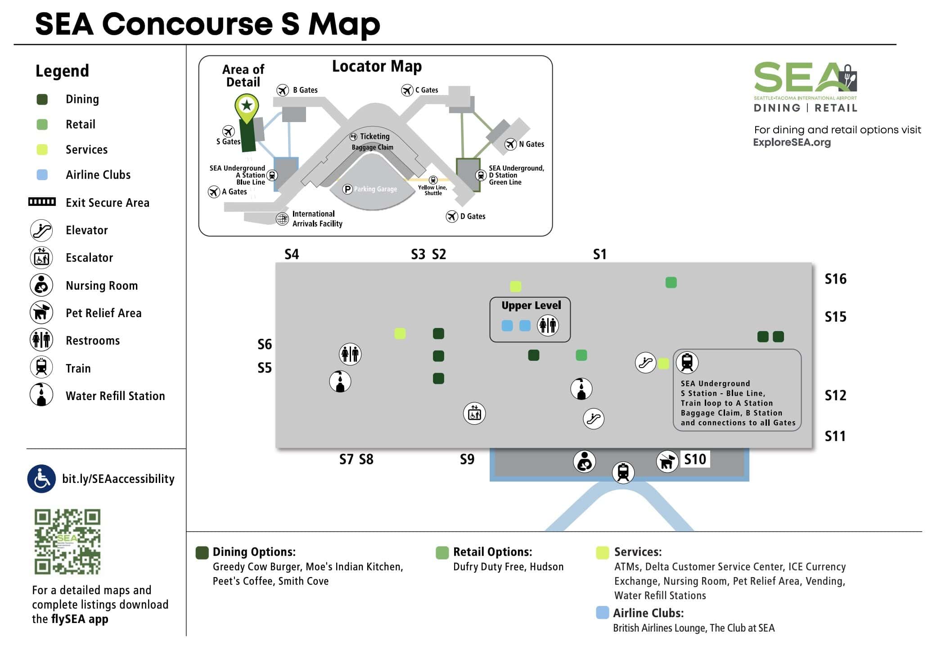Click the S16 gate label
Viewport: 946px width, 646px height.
pos(835,279)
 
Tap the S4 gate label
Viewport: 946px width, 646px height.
pos(292,255)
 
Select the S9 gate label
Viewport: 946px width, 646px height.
pos(467,459)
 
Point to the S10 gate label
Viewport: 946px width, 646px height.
pos(695,459)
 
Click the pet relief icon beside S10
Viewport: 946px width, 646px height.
pos(667,462)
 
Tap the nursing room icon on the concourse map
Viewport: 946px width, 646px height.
pos(584,462)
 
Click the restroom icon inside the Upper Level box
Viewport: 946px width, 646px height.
pos(548,325)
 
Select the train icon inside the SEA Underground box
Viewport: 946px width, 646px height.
pos(687,362)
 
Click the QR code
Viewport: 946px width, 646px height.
pos(68,541)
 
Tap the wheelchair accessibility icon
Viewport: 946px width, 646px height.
pos(41,479)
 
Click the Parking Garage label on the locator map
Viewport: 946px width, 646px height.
pos(375,189)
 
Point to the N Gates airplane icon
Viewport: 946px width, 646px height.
pos(510,144)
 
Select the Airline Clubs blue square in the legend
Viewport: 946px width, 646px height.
pos(42,175)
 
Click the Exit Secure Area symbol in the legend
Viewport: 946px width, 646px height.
pos(42,202)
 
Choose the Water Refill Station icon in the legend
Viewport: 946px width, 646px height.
pos(41,395)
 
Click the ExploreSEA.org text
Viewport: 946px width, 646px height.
pos(792,142)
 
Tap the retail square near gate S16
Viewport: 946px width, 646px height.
pos(671,282)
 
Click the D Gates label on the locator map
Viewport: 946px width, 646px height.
pos(473,216)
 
